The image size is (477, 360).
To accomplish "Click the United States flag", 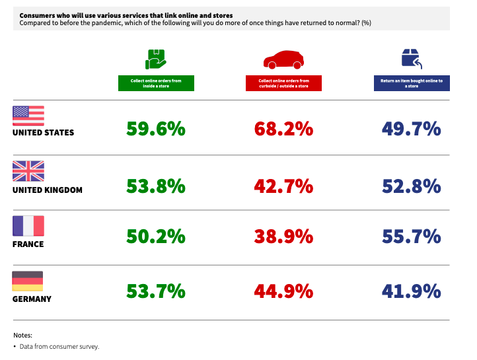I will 28,116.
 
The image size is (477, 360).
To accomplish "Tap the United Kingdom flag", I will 28,171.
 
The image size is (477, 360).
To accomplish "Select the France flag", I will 28,226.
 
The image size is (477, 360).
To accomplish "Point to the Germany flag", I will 28,281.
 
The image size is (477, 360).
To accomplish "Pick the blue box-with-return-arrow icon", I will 412,59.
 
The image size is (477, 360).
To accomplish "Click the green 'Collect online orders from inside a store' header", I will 157,83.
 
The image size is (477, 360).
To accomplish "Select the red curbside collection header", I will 283,83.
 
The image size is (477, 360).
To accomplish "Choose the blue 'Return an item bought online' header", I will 412,83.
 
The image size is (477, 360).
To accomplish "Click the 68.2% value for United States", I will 283,129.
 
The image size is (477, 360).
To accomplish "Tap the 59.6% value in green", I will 156,129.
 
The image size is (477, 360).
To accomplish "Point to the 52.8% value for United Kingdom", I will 411,186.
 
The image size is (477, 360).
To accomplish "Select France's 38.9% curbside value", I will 283,236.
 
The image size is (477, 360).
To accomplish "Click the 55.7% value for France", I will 411,236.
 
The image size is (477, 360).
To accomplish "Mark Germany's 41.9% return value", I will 411,291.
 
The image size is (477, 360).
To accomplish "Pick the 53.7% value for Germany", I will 156,291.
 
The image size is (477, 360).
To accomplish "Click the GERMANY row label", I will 32,299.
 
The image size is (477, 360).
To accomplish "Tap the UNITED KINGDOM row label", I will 48,190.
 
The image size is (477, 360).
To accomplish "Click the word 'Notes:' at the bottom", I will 22,336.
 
